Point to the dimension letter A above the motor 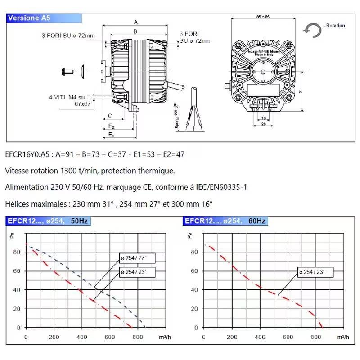coord(135,22)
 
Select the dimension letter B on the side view coord(135,31)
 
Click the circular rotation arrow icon coord(312,30)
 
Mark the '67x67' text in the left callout coord(83,103)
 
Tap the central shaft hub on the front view coord(263,71)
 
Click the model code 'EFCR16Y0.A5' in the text coord(27,154)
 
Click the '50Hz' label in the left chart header coord(80,221)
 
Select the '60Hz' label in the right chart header coord(257,221)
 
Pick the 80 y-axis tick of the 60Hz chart coord(194,252)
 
